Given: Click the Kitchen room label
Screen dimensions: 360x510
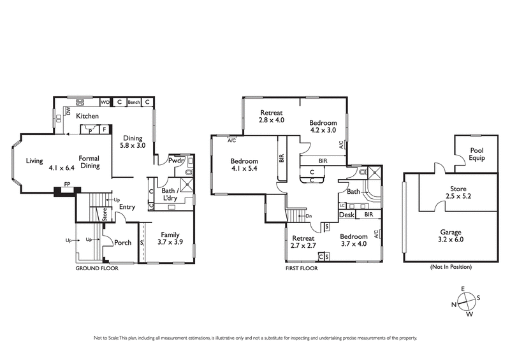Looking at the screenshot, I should click(x=87, y=116).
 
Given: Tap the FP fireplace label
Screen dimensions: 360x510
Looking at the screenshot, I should click(x=66, y=185).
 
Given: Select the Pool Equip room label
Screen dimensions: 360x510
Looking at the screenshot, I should click(x=477, y=154).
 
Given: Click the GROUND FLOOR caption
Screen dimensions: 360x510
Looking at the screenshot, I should click(x=98, y=268).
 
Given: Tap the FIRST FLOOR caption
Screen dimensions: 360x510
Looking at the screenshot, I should click(x=302, y=268).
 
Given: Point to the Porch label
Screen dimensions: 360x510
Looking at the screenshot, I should click(x=122, y=242).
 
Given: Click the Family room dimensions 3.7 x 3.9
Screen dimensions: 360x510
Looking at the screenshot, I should click(x=170, y=243).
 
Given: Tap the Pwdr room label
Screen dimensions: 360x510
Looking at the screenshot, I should click(x=177, y=161).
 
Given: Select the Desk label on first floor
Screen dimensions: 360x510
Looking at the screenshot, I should click(x=346, y=215).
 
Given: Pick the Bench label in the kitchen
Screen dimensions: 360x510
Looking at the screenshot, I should click(x=133, y=102).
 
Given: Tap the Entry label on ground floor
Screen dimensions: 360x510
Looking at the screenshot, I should click(x=127, y=206).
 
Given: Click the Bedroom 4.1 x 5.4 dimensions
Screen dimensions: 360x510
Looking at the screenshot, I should click(x=244, y=170).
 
